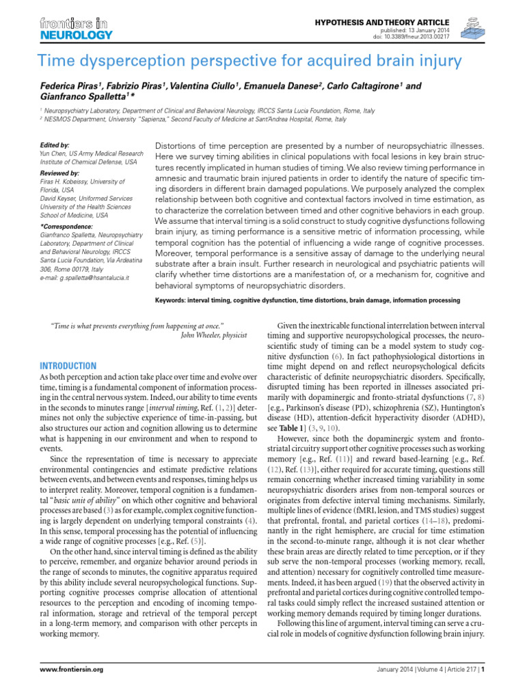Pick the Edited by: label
(x=55, y=145)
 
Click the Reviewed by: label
(x=59, y=173)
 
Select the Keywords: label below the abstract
(x=175, y=300)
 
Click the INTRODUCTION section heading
(x=68, y=366)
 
